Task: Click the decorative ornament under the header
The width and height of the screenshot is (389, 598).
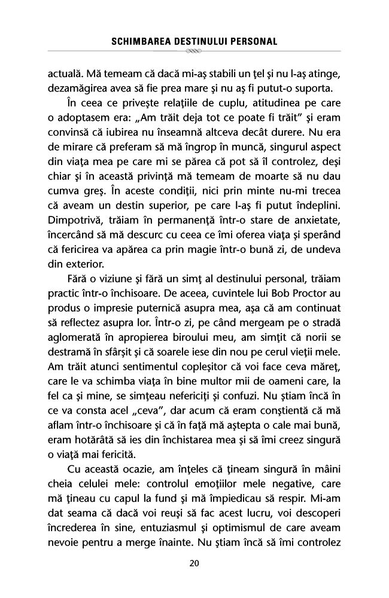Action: (194, 53)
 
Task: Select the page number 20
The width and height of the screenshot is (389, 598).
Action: (194, 563)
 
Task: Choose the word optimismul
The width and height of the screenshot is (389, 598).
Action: (228, 527)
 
